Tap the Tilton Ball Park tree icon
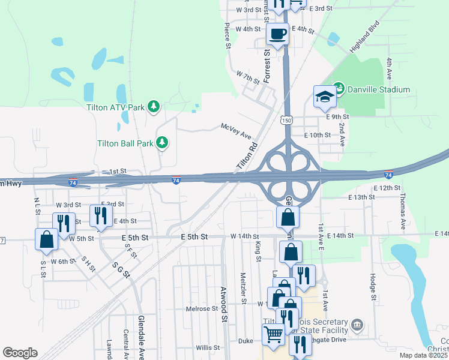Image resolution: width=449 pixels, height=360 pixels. [161, 143]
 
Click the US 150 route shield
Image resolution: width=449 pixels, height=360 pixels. [286, 121]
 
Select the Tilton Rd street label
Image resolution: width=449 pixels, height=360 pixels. [247, 155]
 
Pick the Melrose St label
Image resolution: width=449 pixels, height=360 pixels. [202, 308]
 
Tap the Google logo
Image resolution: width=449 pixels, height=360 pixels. [20, 353]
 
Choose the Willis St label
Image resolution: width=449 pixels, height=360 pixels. [208, 347]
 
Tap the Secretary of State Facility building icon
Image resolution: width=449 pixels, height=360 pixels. [357, 325]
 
